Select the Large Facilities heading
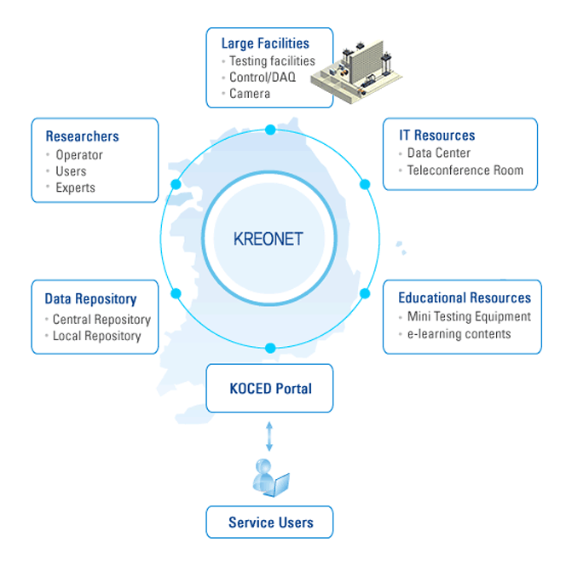point(264,43)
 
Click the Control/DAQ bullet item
point(263,78)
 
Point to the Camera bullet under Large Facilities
point(250,94)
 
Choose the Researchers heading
point(82,136)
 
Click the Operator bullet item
point(78,155)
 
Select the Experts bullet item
point(75,188)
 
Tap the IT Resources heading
point(437,136)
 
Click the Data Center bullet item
point(438,153)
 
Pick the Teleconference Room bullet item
point(465,170)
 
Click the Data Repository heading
point(90,299)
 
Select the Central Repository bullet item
point(101,320)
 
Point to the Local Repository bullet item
point(96,336)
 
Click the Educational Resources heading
point(465,298)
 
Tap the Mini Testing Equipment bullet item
point(469,317)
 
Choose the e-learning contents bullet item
point(459,334)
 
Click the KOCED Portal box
point(269,389)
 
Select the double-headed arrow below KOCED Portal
point(269,435)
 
